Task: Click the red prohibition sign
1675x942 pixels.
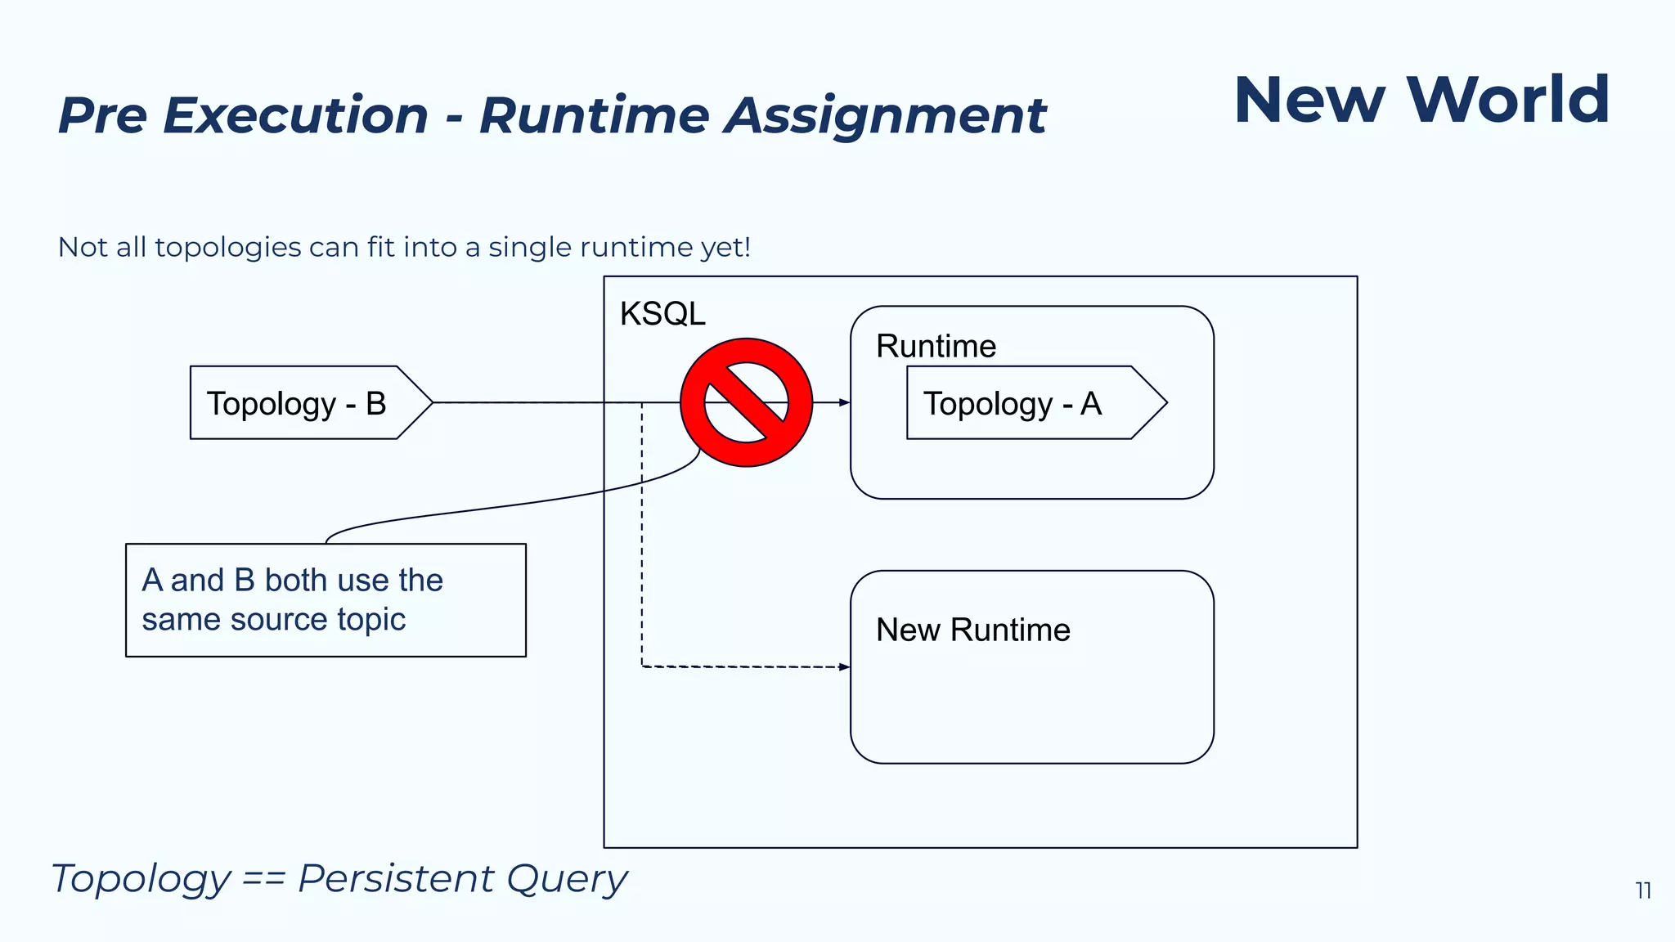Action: (x=746, y=402)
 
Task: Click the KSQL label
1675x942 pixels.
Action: (x=662, y=314)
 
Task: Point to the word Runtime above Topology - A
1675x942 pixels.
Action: (x=936, y=347)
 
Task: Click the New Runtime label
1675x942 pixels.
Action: (x=972, y=630)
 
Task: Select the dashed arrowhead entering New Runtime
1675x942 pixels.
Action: (x=844, y=667)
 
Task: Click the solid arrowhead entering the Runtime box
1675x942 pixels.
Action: (x=844, y=402)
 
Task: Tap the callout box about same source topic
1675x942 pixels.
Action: (x=326, y=600)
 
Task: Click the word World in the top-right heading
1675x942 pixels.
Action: (x=1508, y=100)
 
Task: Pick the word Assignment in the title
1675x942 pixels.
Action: (x=885, y=115)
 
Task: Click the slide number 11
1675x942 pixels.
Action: (x=1643, y=890)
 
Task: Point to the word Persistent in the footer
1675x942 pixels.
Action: (x=396, y=879)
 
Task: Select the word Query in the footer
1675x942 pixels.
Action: (x=566, y=879)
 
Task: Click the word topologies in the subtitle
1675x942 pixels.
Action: (x=228, y=247)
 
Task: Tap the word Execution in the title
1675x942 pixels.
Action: (x=295, y=115)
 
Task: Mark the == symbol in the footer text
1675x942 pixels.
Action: (x=263, y=880)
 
